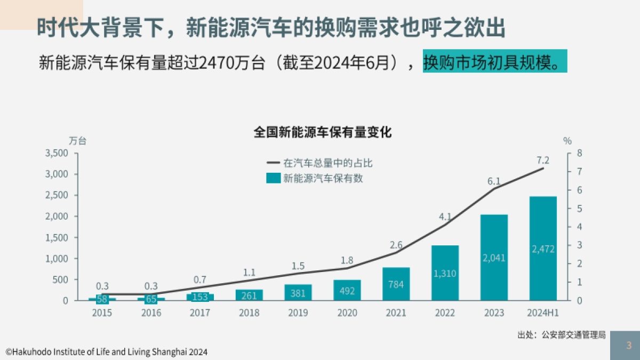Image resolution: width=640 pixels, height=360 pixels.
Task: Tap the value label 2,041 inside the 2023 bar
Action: coord(494,258)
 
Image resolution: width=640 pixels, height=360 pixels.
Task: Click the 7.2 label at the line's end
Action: coord(543,160)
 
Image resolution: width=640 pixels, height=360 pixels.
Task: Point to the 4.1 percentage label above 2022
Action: coord(445,217)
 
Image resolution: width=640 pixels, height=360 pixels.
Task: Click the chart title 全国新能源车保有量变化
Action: coord(323,132)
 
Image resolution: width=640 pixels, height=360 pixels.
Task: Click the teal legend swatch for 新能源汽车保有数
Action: coord(273,179)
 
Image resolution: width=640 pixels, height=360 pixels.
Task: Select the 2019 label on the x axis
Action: coord(298,313)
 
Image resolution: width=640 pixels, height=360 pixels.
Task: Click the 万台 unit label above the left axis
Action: coord(77,141)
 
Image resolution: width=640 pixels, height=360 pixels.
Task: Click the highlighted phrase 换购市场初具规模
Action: coord(494,62)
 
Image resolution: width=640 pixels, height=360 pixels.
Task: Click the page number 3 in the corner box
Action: coord(629,345)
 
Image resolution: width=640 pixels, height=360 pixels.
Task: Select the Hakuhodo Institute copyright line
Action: coord(106,352)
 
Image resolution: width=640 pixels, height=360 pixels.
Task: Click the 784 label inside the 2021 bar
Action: coord(396,285)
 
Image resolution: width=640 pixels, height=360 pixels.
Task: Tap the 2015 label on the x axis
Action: coord(102,313)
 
